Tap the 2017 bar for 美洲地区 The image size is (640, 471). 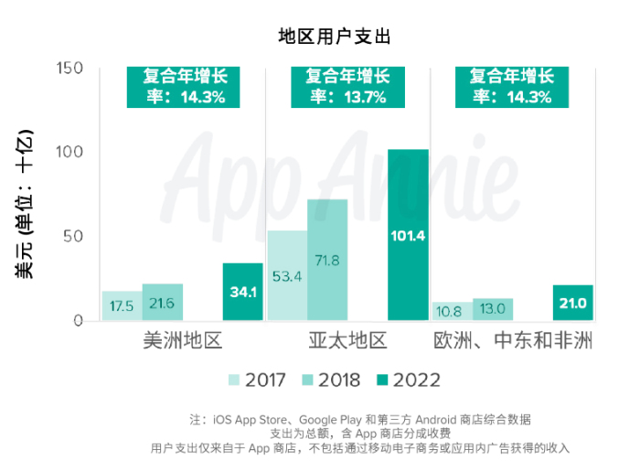coord(122,305)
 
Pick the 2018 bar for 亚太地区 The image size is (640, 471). coord(326,260)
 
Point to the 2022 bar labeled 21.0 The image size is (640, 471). coord(573,303)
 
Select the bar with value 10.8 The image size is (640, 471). coord(451,311)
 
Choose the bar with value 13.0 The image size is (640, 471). coord(492,309)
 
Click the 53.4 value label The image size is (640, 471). coord(286,275)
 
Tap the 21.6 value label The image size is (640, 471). coord(162,303)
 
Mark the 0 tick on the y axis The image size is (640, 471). coord(78,321)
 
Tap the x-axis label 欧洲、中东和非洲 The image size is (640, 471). coord(513,342)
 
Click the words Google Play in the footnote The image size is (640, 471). coord(326,419)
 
